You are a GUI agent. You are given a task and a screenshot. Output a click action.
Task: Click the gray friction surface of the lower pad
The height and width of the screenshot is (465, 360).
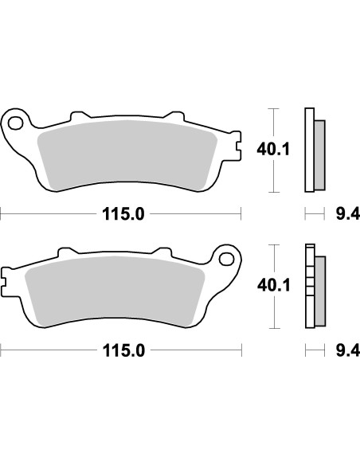112,290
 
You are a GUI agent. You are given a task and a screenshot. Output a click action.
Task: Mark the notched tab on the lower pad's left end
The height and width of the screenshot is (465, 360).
6,281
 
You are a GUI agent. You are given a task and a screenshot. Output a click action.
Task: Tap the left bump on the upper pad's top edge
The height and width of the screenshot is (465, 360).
76,115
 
